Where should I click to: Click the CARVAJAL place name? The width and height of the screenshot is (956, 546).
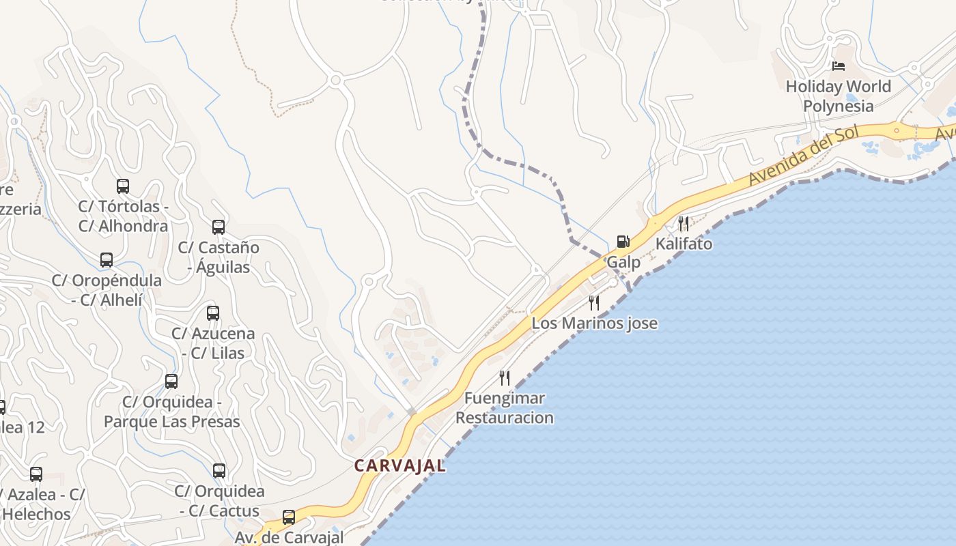coord(399,465)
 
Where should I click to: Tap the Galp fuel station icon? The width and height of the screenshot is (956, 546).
coord(623,241)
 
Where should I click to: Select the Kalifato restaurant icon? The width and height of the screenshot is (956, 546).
coord(683,223)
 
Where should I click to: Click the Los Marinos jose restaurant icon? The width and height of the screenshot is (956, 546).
coord(594,302)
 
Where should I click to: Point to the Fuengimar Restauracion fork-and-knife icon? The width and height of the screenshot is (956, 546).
coord(505,377)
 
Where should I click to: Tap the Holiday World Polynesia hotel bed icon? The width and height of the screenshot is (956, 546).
coord(839,66)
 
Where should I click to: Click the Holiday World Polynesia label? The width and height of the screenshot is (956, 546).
coord(838,96)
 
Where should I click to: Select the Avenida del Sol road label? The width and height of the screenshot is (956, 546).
coord(802,156)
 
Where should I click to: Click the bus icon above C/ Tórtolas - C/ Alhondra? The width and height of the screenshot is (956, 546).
coord(123,186)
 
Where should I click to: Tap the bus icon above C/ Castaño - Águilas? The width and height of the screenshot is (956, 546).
coord(219,227)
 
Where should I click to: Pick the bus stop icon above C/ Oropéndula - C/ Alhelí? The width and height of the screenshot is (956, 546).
coord(107,259)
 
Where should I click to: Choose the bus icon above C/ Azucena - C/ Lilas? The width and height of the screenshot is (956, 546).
coord(213,313)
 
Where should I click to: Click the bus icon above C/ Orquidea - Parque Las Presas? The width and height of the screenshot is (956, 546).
coord(171,381)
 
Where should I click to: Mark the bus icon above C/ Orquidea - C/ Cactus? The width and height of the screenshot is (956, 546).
coord(219,470)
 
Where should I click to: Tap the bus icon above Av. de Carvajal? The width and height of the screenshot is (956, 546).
coord(289,517)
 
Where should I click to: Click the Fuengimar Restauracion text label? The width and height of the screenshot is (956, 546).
coord(505,407)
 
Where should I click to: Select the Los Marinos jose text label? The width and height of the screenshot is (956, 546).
coord(594,323)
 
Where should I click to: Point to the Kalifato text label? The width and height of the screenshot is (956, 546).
coord(684,244)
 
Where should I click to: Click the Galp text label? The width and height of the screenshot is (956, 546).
coord(623,262)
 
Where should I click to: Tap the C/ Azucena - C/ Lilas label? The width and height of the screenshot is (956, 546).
coord(213,343)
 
